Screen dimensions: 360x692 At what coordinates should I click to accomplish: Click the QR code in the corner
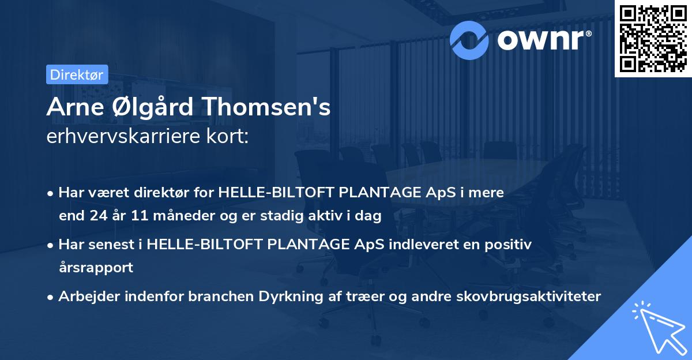point(653,38)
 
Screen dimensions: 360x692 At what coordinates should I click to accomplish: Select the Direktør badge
point(77,74)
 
